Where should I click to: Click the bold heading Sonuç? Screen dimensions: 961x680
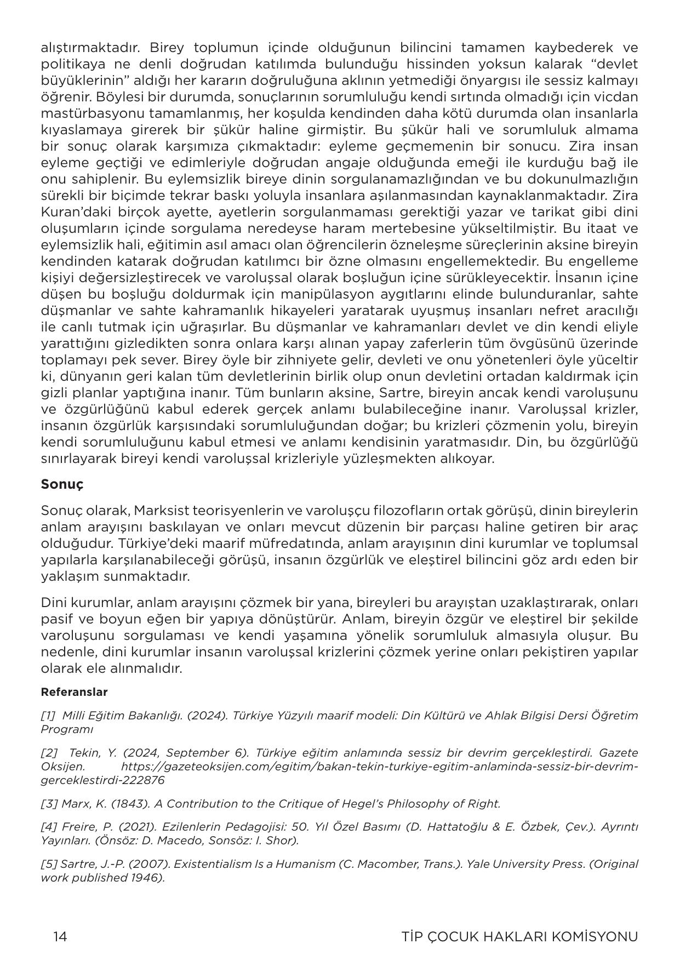click(61, 484)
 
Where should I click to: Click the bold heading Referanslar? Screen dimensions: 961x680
click(74, 692)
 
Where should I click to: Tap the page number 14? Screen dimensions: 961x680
click(60, 936)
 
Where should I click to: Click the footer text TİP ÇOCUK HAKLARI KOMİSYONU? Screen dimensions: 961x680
click(519, 936)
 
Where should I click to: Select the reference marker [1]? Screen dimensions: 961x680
click(48, 716)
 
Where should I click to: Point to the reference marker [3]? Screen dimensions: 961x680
click(48, 804)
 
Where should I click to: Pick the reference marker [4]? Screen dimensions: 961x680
click(48, 827)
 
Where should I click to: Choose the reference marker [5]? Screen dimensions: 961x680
click(48, 864)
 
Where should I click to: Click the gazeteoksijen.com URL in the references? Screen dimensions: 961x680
click(378, 766)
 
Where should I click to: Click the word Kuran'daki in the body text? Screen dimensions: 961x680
click(68, 212)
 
